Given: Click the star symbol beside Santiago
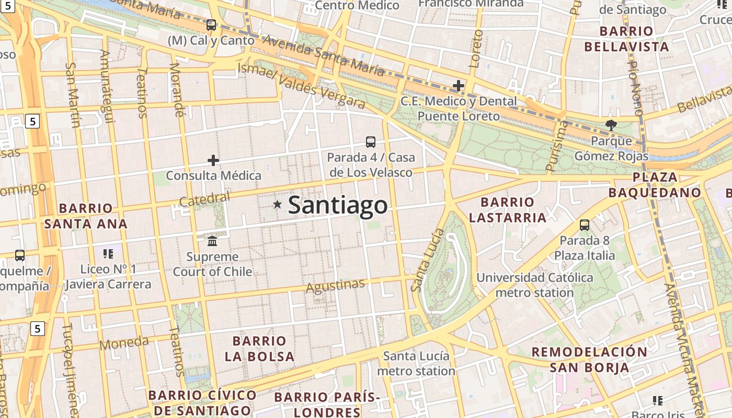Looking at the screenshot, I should coord(277,205).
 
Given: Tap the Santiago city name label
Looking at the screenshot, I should coord(338,205).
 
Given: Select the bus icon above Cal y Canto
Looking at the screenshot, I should coord(211,25).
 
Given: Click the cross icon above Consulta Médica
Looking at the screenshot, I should coord(213,160).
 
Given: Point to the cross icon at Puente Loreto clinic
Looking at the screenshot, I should coord(459,85).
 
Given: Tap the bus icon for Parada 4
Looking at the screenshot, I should coord(370,142).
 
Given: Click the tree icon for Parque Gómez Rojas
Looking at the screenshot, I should coord(610,125).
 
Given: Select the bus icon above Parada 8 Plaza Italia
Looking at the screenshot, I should coord(585,225).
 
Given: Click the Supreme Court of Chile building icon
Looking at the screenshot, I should coord(212,241).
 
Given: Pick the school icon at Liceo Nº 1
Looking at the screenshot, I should coord(108,254).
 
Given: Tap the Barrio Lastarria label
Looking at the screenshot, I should coord(507,210).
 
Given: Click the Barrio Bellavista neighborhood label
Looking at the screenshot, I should coord(626,39).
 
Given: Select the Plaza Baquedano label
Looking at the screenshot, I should coord(655,184).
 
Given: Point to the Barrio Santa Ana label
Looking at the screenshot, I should coord(86,216).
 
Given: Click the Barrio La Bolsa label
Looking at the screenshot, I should coord(260,349).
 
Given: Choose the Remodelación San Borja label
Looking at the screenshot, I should coord(589,359).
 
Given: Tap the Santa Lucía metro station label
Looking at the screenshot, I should coord(416,363).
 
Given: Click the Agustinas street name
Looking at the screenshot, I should coord(335,286).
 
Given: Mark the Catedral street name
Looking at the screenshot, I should coord(204,199).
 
